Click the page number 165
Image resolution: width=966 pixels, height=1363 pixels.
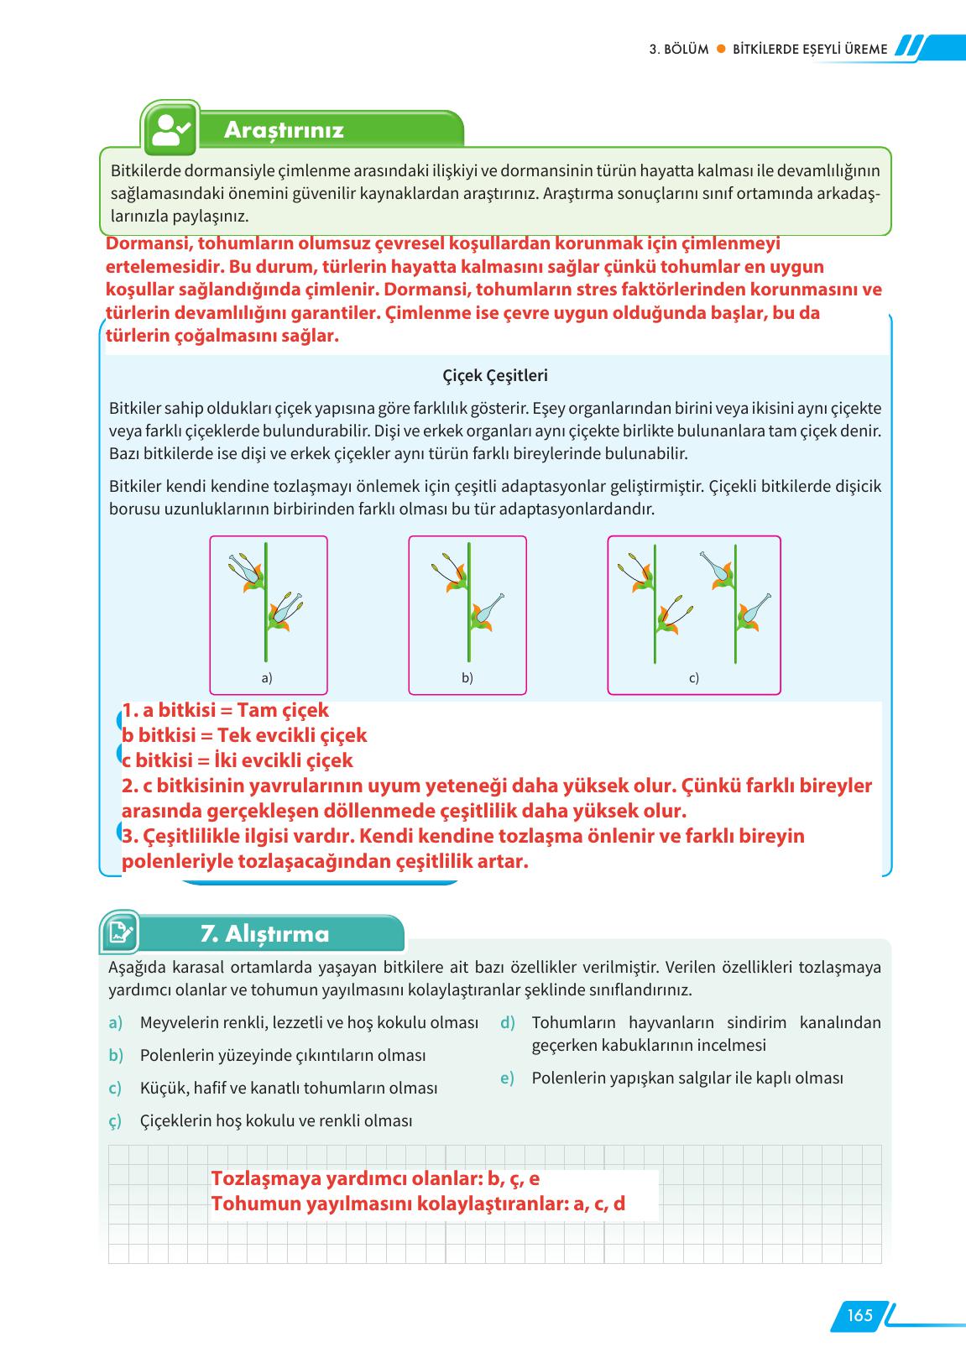pyautogui.click(x=859, y=1314)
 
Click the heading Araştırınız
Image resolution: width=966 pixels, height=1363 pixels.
pyautogui.click(x=284, y=130)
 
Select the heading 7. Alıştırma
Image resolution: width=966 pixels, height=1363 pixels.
pyautogui.click(x=264, y=933)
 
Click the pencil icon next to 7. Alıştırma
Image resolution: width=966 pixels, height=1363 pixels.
pyautogui.click(x=120, y=932)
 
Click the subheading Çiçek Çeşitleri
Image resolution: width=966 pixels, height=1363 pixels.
pyautogui.click(x=494, y=376)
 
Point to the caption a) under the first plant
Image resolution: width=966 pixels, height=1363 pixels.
pyautogui.click(x=267, y=677)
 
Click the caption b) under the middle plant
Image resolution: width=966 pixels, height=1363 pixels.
pyautogui.click(x=467, y=677)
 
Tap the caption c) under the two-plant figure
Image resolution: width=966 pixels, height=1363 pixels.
pyautogui.click(x=693, y=677)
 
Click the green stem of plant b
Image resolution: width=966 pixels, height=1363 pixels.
pyautogui.click(x=468, y=638)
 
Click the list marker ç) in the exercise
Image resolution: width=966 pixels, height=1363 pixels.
pyautogui.click(x=115, y=1121)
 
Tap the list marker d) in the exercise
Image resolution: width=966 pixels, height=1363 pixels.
pyautogui.click(x=507, y=1022)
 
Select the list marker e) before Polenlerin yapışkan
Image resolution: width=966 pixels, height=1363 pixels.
pyautogui.click(x=507, y=1078)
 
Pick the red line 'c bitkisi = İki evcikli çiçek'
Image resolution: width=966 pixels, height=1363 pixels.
pyautogui.click(x=238, y=760)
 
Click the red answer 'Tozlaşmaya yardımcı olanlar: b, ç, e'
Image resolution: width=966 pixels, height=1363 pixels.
pyautogui.click(x=375, y=1178)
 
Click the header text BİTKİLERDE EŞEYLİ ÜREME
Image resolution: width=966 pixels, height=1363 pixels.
pyautogui.click(x=810, y=50)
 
